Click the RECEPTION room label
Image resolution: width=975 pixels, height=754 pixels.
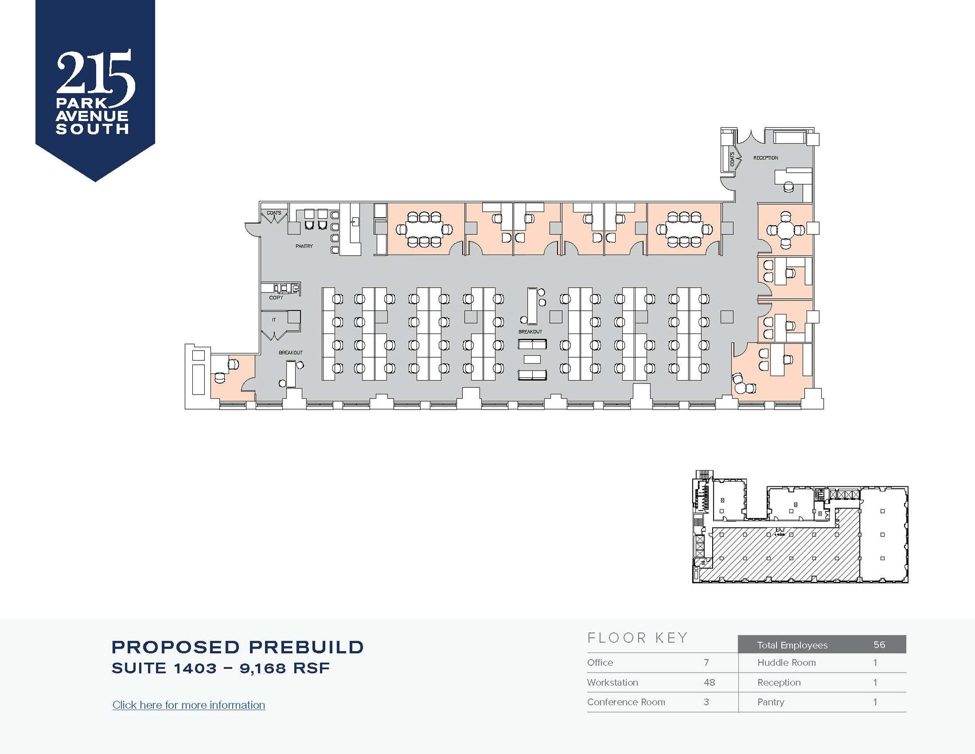[766, 158]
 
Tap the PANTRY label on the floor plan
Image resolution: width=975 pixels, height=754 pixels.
[304, 246]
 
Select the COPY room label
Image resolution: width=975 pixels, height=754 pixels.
[276, 298]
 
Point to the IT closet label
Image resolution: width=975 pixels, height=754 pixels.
[274, 320]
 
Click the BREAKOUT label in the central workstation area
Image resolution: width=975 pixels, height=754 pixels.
[530, 332]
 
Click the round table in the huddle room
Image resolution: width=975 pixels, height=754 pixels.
[785, 231]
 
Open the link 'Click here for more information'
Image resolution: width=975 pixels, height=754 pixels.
[189, 705]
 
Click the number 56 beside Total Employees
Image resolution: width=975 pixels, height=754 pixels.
[879, 644]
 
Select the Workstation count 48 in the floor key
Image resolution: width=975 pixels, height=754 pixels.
[709, 682]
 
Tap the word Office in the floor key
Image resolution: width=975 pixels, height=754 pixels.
[600, 663]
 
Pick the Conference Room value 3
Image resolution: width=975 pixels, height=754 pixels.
[706, 702]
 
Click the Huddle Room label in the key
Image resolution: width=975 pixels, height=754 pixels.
[786, 663]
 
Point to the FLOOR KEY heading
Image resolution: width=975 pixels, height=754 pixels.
[638, 638]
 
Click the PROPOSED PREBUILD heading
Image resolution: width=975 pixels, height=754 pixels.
[238, 647]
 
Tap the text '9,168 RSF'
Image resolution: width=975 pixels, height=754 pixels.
[285, 668]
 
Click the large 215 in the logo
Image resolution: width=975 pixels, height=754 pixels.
[95, 74]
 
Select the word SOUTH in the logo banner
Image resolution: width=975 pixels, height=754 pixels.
[92, 129]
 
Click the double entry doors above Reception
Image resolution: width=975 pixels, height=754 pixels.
[751, 136]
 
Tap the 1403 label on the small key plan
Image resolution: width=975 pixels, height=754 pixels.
[779, 534]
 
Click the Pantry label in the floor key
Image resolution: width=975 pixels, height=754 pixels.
[771, 702]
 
